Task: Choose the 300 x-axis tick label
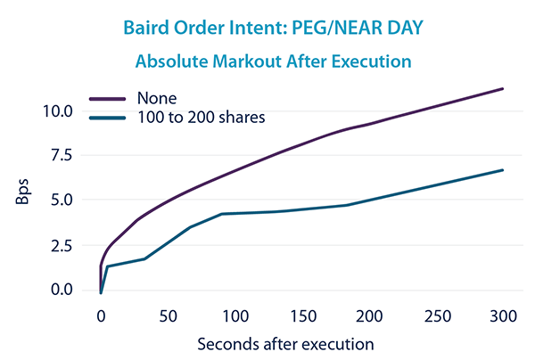click(503, 315)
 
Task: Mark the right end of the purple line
click(503, 89)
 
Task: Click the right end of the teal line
click(503, 170)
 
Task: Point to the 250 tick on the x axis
click(436, 315)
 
